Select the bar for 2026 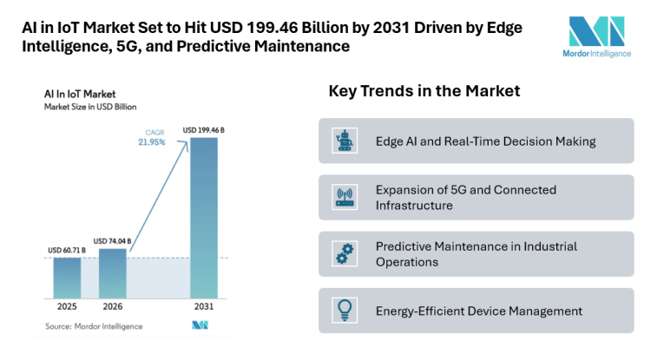pos(112,273)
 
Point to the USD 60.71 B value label pos(66,251)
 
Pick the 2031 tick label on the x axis pos(204,308)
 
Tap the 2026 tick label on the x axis pos(112,308)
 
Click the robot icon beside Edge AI pos(344,141)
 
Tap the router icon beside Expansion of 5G pos(344,197)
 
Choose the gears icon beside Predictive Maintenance pos(344,253)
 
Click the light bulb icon pos(344,310)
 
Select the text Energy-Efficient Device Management pos(478,311)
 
